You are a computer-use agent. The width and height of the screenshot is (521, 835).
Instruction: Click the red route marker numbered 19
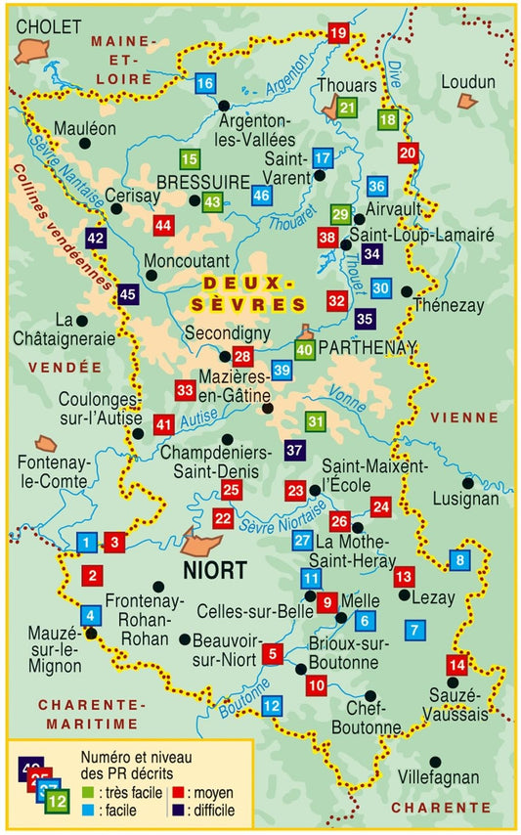click(338, 34)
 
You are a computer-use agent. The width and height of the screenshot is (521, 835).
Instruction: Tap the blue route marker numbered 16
click(204, 83)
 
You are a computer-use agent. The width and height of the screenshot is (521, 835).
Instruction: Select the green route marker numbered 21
click(347, 109)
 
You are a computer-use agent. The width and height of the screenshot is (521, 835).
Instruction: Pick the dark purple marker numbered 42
click(96, 238)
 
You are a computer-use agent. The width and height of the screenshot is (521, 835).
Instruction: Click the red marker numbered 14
click(455, 665)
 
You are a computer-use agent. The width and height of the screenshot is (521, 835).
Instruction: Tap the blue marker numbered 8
click(458, 560)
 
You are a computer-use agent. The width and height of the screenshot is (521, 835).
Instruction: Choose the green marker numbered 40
click(304, 349)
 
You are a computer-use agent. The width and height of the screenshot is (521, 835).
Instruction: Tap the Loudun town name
click(467, 82)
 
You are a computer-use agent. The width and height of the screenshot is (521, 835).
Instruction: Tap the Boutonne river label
click(240, 696)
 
